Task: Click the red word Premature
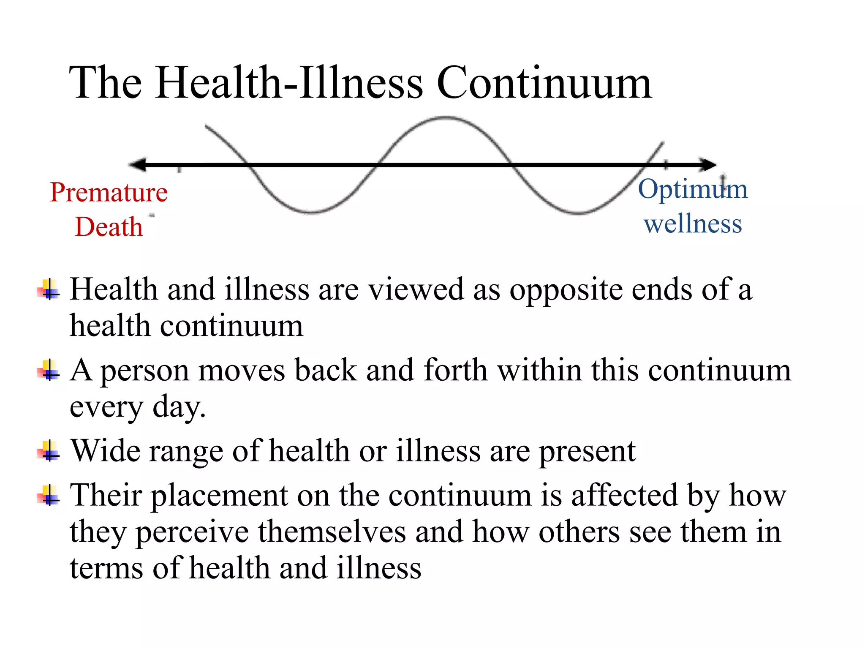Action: click(x=109, y=192)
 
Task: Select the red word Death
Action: click(x=109, y=227)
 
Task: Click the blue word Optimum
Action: click(x=693, y=189)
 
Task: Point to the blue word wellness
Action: click(x=693, y=224)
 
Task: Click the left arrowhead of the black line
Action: click(x=137, y=165)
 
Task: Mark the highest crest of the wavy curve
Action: click(x=446, y=118)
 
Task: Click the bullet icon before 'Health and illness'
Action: click(x=49, y=289)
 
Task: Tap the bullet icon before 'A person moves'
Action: click(x=49, y=371)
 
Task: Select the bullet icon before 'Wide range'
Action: click(x=49, y=451)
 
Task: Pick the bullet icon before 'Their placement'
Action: click(x=49, y=495)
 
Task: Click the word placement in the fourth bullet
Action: click(x=220, y=496)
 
